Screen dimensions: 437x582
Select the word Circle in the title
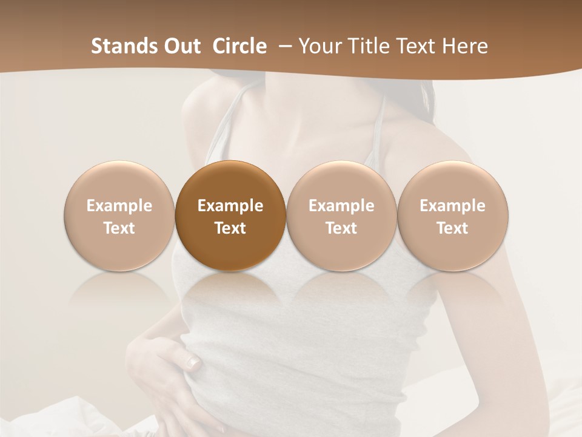[239, 46]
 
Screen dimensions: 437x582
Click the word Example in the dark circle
[230, 206]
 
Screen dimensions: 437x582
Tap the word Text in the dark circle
[230, 228]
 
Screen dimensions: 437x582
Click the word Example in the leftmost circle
[119, 206]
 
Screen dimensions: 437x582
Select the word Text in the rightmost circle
[453, 228]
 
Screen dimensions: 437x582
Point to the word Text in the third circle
[341, 228]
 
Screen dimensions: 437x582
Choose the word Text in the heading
[419, 46]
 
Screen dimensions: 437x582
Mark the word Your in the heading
[319, 46]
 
